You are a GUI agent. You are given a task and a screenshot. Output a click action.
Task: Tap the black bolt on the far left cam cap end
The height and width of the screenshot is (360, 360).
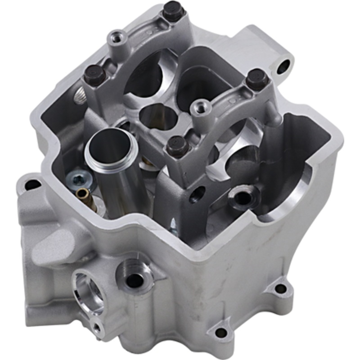[94, 73]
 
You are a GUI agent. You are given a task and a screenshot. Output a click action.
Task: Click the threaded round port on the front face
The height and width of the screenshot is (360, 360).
[135, 279]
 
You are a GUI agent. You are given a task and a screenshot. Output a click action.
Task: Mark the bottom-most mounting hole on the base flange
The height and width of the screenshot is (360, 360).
[221, 333]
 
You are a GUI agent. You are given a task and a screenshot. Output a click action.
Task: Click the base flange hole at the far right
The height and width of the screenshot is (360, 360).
[281, 288]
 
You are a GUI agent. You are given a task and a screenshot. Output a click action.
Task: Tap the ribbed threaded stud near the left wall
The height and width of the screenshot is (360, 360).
[80, 96]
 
